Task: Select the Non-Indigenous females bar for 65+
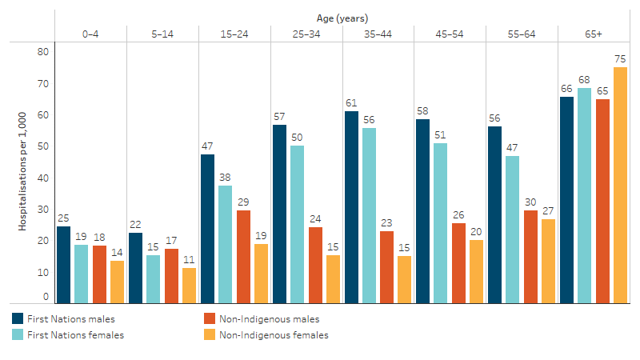(x=620, y=185)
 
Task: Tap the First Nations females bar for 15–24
(x=226, y=244)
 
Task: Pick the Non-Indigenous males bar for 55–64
(x=530, y=257)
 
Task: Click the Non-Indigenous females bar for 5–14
(x=189, y=286)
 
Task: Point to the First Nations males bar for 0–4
(x=63, y=265)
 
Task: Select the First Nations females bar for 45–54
(x=441, y=223)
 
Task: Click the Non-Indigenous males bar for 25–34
(x=315, y=265)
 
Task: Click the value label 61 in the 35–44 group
(x=351, y=102)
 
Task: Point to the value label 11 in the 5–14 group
(x=189, y=259)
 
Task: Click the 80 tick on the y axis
(x=43, y=52)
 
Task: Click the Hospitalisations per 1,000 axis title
(x=23, y=171)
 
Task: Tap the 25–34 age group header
(x=306, y=33)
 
